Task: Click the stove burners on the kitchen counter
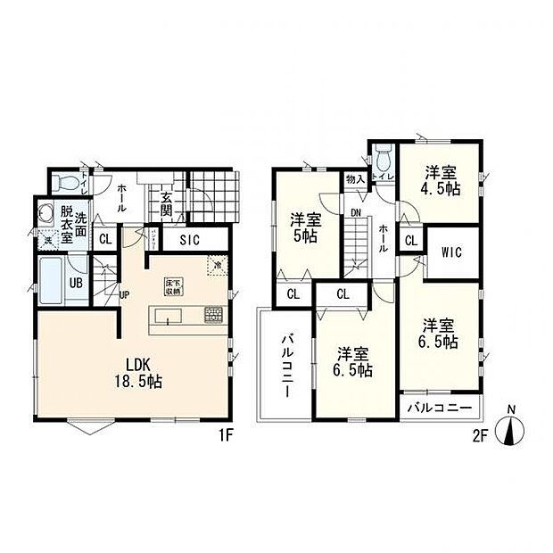tap(214, 315)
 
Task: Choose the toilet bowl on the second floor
tap(384, 161)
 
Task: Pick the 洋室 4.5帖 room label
tap(441, 181)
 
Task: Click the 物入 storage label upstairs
tap(354, 180)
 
